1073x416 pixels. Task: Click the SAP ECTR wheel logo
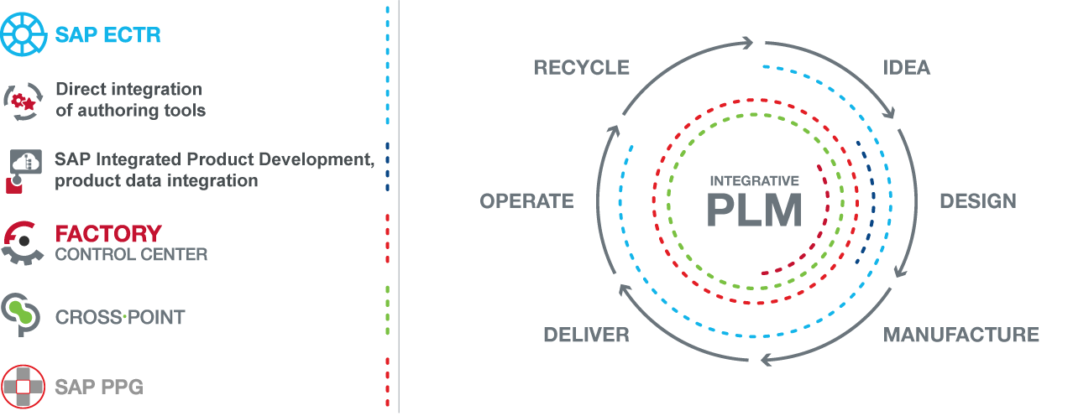tap(24, 34)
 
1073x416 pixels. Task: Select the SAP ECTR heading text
tap(107, 35)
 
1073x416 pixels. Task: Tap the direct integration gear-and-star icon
tap(23, 101)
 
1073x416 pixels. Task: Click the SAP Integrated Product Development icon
tap(24, 171)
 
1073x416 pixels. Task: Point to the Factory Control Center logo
tap(23, 242)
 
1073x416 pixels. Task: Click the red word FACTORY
tap(108, 234)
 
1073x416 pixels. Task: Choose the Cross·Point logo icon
tap(21, 315)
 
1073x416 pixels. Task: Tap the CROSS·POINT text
tap(120, 317)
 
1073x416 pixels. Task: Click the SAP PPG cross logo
tap(23, 387)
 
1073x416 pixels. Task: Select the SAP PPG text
tap(99, 387)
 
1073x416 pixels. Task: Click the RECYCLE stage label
tap(582, 67)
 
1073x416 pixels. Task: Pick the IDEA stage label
tap(906, 67)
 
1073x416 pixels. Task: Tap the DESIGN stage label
tap(978, 201)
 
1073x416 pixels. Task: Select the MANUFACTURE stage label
tap(960, 335)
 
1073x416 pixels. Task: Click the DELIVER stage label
tap(586, 335)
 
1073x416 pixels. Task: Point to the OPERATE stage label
tap(527, 201)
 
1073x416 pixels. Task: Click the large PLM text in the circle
tap(755, 211)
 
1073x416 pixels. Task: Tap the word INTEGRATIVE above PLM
tap(755, 180)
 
